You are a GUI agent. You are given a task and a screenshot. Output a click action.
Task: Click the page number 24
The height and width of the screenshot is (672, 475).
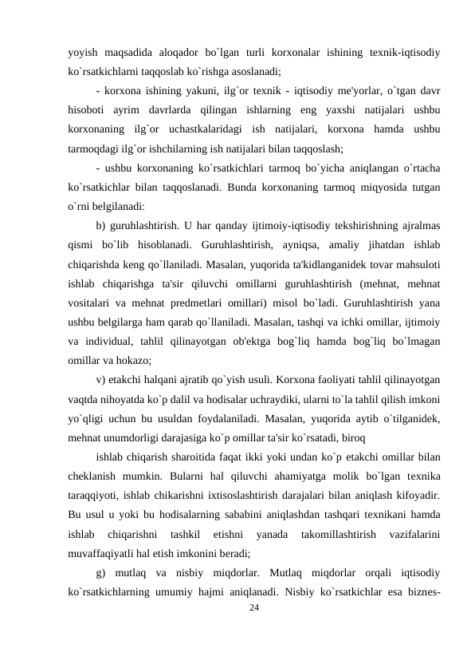point(253,607)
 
